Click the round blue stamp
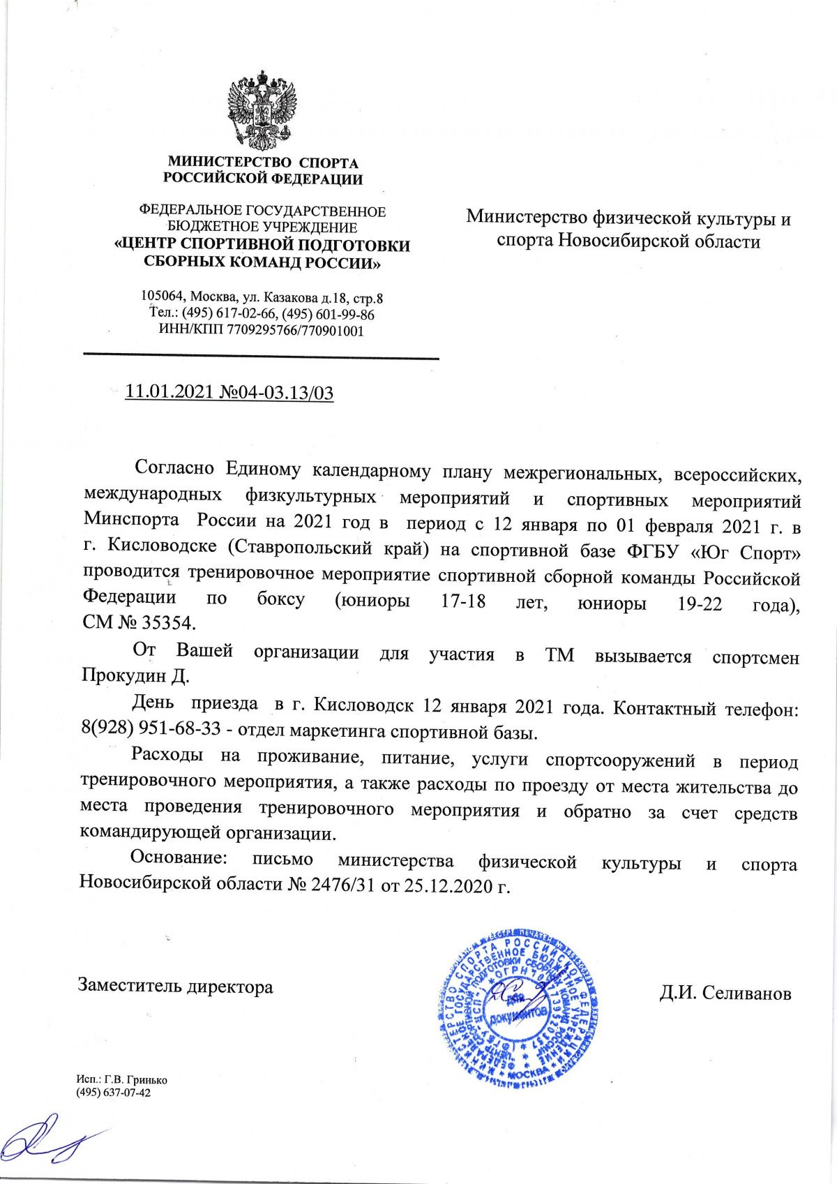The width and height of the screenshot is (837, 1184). pos(518,1005)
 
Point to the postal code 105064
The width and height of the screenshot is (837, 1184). pos(163,298)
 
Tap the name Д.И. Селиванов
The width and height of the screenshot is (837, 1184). pos(725,992)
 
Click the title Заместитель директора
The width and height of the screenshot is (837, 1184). pos(175,986)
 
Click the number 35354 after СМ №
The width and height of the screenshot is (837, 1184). pos(171,622)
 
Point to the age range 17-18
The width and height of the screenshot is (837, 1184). pos(463,601)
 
